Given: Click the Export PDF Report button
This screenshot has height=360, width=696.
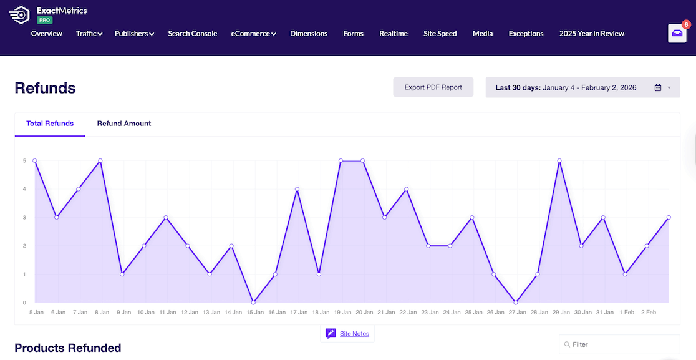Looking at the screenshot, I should [433, 87].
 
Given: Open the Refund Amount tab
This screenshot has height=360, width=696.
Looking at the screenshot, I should [124, 124].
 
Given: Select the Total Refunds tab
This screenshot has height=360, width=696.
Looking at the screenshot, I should [50, 124].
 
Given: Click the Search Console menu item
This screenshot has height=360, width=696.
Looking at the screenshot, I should [192, 34].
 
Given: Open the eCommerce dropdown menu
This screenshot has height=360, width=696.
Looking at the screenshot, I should [253, 34].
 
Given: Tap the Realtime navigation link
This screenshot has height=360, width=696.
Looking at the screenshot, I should [394, 34].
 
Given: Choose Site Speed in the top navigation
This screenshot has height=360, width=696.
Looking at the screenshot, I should [440, 34].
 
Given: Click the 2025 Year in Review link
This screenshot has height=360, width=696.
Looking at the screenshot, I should [591, 34].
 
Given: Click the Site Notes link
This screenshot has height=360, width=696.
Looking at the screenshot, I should [354, 334].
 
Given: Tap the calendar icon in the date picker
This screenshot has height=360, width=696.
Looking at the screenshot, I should [657, 88].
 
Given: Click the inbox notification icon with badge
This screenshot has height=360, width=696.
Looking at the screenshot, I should [677, 33].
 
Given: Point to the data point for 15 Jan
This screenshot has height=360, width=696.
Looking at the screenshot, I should [253, 303].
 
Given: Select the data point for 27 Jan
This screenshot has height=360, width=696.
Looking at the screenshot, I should [516, 303].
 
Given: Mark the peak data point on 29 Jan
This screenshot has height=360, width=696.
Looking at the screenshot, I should [559, 161].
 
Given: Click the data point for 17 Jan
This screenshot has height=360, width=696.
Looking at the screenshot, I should [297, 189].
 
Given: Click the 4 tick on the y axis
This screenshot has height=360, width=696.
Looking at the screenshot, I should [24, 189].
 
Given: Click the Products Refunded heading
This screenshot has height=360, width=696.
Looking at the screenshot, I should [67, 348].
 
